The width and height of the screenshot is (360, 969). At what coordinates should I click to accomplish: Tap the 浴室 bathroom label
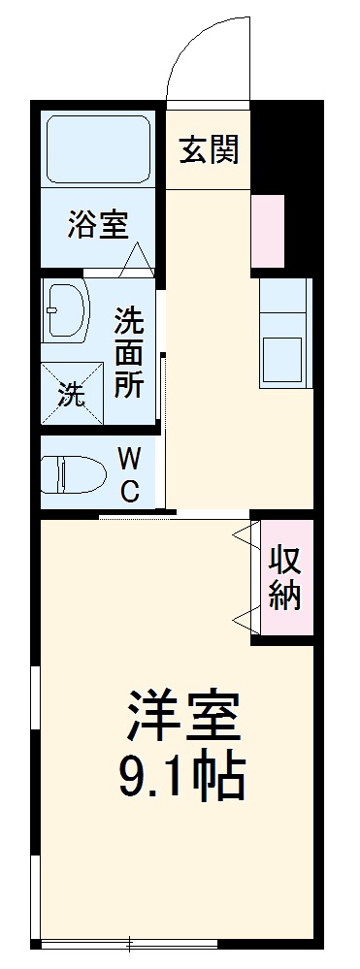tap(97, 225)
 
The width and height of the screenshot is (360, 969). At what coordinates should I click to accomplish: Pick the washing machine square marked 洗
tap(72, 393)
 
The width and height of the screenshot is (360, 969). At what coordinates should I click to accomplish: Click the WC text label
tap(130, 473)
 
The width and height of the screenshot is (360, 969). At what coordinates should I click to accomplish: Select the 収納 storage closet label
tap(284, 578)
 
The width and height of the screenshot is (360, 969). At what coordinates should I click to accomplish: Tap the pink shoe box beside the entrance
tap(268, 231)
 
